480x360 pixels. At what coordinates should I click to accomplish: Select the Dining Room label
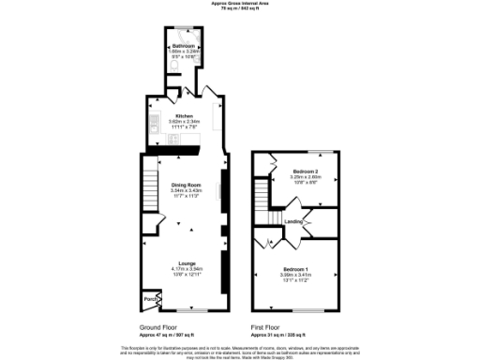coord(186,185)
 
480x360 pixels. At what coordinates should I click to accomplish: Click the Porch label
coord(149,300)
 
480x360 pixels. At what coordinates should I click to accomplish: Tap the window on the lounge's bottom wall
coord(192,309)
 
